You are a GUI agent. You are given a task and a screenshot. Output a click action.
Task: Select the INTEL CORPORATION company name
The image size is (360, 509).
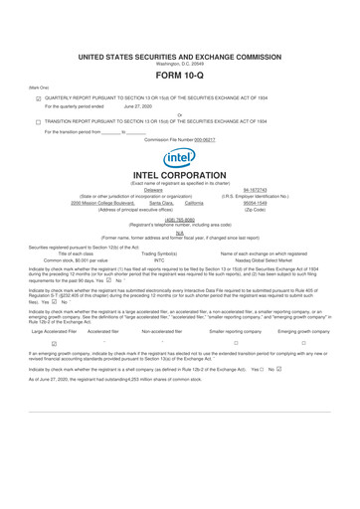pos(180,176)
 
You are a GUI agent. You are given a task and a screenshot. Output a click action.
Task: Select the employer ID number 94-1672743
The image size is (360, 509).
pos(257,189)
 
